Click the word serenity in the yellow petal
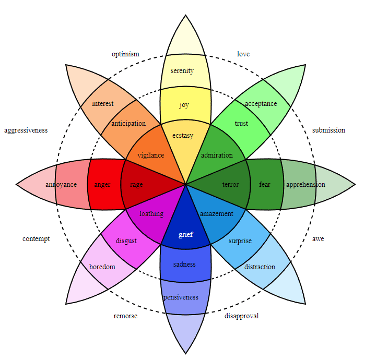182,71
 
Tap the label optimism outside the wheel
125,54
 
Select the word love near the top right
243,54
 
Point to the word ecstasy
183,136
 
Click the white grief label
185,234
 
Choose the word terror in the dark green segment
230,185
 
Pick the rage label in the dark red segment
136,185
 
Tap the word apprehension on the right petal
305,185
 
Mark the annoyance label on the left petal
61,185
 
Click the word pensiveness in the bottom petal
181,297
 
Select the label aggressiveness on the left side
26,130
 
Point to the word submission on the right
328,130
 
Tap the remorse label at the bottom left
125,316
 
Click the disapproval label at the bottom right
241,316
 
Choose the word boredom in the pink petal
102,267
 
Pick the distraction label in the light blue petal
260,267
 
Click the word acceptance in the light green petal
261,104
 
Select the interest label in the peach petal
103,104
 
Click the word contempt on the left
36,239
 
